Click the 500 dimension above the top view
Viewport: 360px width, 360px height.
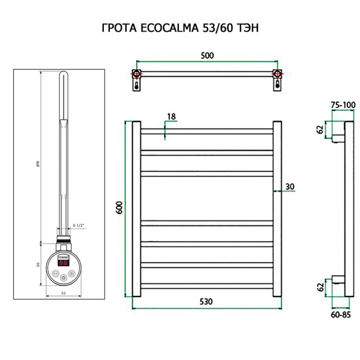coord(206,55)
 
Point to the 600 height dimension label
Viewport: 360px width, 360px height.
coord(119,208)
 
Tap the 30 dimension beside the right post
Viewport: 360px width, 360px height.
coord(290,187)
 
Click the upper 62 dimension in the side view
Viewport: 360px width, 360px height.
coord(320,129)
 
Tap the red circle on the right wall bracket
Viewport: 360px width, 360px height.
coord(277,75)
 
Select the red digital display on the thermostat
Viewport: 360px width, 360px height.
coord(63,262)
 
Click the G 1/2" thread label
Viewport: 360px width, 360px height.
coord(78,224)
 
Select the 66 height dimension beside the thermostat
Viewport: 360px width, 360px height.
coord(38,264)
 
